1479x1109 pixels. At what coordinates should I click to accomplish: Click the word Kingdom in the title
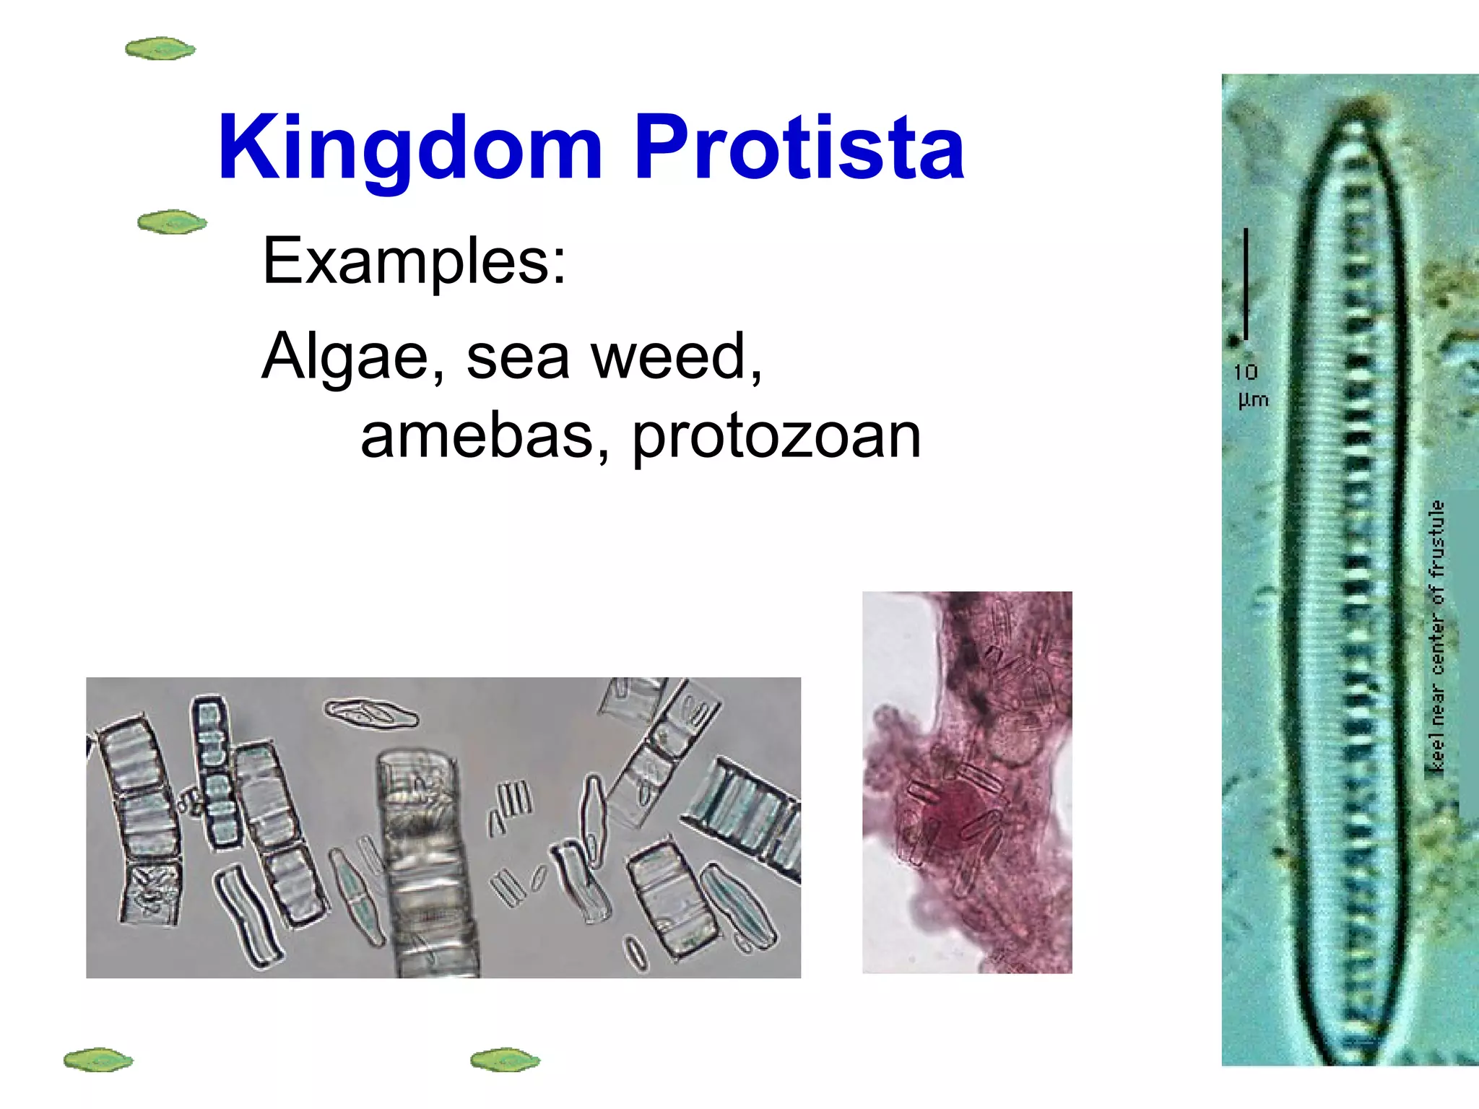[x=409, y=148]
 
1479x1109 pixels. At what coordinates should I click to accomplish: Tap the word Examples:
[x=415, y=261]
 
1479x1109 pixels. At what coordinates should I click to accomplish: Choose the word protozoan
[x=776, y=438]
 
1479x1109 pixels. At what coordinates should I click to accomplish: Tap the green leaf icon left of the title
[x=160, y=49]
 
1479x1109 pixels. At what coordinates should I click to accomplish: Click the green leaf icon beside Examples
[x=172, y=222]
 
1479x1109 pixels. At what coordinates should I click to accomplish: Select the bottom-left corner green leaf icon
[x=98, y=1060]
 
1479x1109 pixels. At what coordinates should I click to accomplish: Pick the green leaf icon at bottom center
[x=505, y=1060]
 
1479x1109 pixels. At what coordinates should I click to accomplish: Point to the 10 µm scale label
[x=1251, y=386]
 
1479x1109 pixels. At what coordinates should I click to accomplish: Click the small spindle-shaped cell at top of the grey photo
[x=371, y=713]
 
